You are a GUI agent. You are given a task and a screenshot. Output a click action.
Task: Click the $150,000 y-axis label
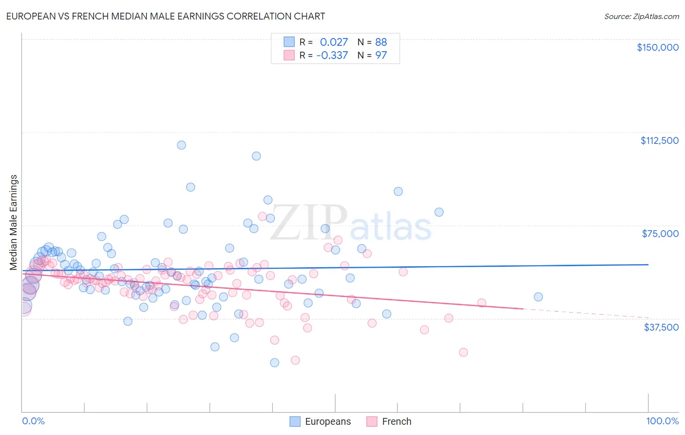[657, 47]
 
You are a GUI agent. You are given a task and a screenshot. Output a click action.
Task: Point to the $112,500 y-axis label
[659, 140]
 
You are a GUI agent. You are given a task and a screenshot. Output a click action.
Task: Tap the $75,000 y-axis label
[660, 234]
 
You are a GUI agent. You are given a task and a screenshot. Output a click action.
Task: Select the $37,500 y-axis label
[661, 327]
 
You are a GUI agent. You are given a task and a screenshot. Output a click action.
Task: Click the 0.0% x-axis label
[33, 421]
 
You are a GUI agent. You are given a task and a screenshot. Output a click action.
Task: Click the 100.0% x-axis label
[662, 421]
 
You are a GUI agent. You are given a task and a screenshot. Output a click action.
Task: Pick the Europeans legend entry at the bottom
[327, 421]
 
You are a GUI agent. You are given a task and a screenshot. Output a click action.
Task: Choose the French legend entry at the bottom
[396, 421]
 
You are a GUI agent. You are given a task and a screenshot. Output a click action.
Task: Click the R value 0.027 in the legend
[334, 42]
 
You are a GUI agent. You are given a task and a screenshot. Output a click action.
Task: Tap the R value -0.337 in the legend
[332, 55]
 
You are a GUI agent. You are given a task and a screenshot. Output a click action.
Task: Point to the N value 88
[381, 42]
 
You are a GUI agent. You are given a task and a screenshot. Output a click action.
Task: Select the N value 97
[381, 55]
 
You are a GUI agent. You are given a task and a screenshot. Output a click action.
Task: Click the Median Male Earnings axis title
[14, 222]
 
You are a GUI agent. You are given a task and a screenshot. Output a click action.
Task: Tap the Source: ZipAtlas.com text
[641, 16]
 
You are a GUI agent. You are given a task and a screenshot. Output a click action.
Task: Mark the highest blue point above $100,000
[181, 145]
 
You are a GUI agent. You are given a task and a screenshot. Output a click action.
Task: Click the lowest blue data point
[275, 362]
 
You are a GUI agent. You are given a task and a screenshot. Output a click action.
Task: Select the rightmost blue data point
[538, 297]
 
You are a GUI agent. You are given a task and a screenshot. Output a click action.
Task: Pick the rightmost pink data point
[481, 303]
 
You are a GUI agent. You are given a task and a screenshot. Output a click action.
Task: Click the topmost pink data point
[262, 216]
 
